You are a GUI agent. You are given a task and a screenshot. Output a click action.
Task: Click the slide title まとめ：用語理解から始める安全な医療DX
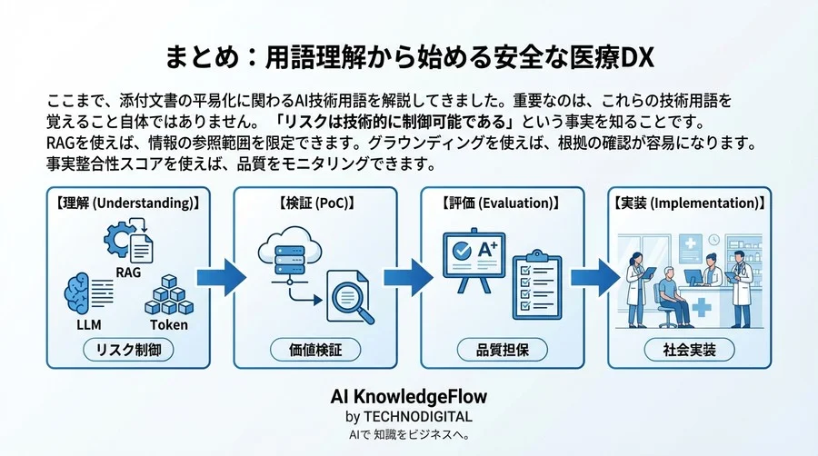409,57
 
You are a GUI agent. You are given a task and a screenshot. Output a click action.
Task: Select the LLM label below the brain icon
86,323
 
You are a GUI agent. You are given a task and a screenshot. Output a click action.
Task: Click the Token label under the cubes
168,323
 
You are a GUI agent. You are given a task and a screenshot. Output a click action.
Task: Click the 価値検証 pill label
314,349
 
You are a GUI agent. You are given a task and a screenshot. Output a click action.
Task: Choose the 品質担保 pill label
503,349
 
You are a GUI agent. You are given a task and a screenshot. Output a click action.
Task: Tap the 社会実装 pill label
690,349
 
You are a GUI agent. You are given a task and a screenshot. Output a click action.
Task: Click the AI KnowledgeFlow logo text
409,397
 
